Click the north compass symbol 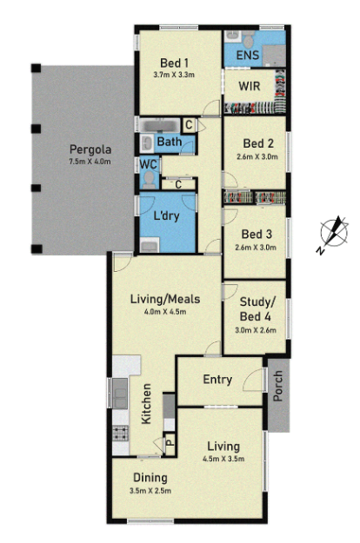tap(331, 233)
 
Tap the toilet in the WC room tap(149, 179)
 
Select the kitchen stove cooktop tap(119, 432)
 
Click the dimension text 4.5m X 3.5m tap(224, 459)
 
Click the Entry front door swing tap(254, 378)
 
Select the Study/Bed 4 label tap(256, 308)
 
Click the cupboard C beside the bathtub tap(188, 125)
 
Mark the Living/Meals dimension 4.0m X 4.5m tap(164, 312)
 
